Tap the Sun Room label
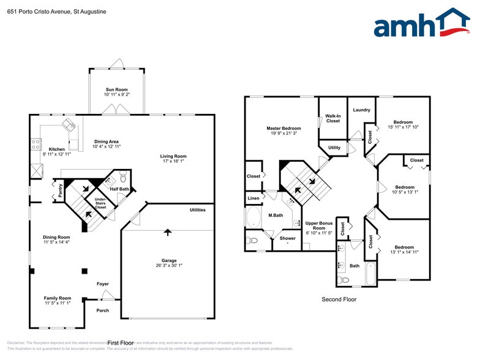coord(116,89)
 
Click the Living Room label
coord(173,156)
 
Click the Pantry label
coord(60,190)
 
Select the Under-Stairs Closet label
coord(100,203)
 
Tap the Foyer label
coord(102,284)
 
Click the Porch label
coord(102,310)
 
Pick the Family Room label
coord(58,298)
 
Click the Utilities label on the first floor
coord(197,210)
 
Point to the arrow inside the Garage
coord(167,233)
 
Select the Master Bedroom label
coord(283,128)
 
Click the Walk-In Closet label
coord(332,118)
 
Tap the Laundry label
coord(361,110)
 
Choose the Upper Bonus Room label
coord(319,228)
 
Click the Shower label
coord(287,238)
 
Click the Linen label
coord(253,198)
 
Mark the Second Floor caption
coord(339,299)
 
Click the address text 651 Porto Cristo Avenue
coord(39,10)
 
